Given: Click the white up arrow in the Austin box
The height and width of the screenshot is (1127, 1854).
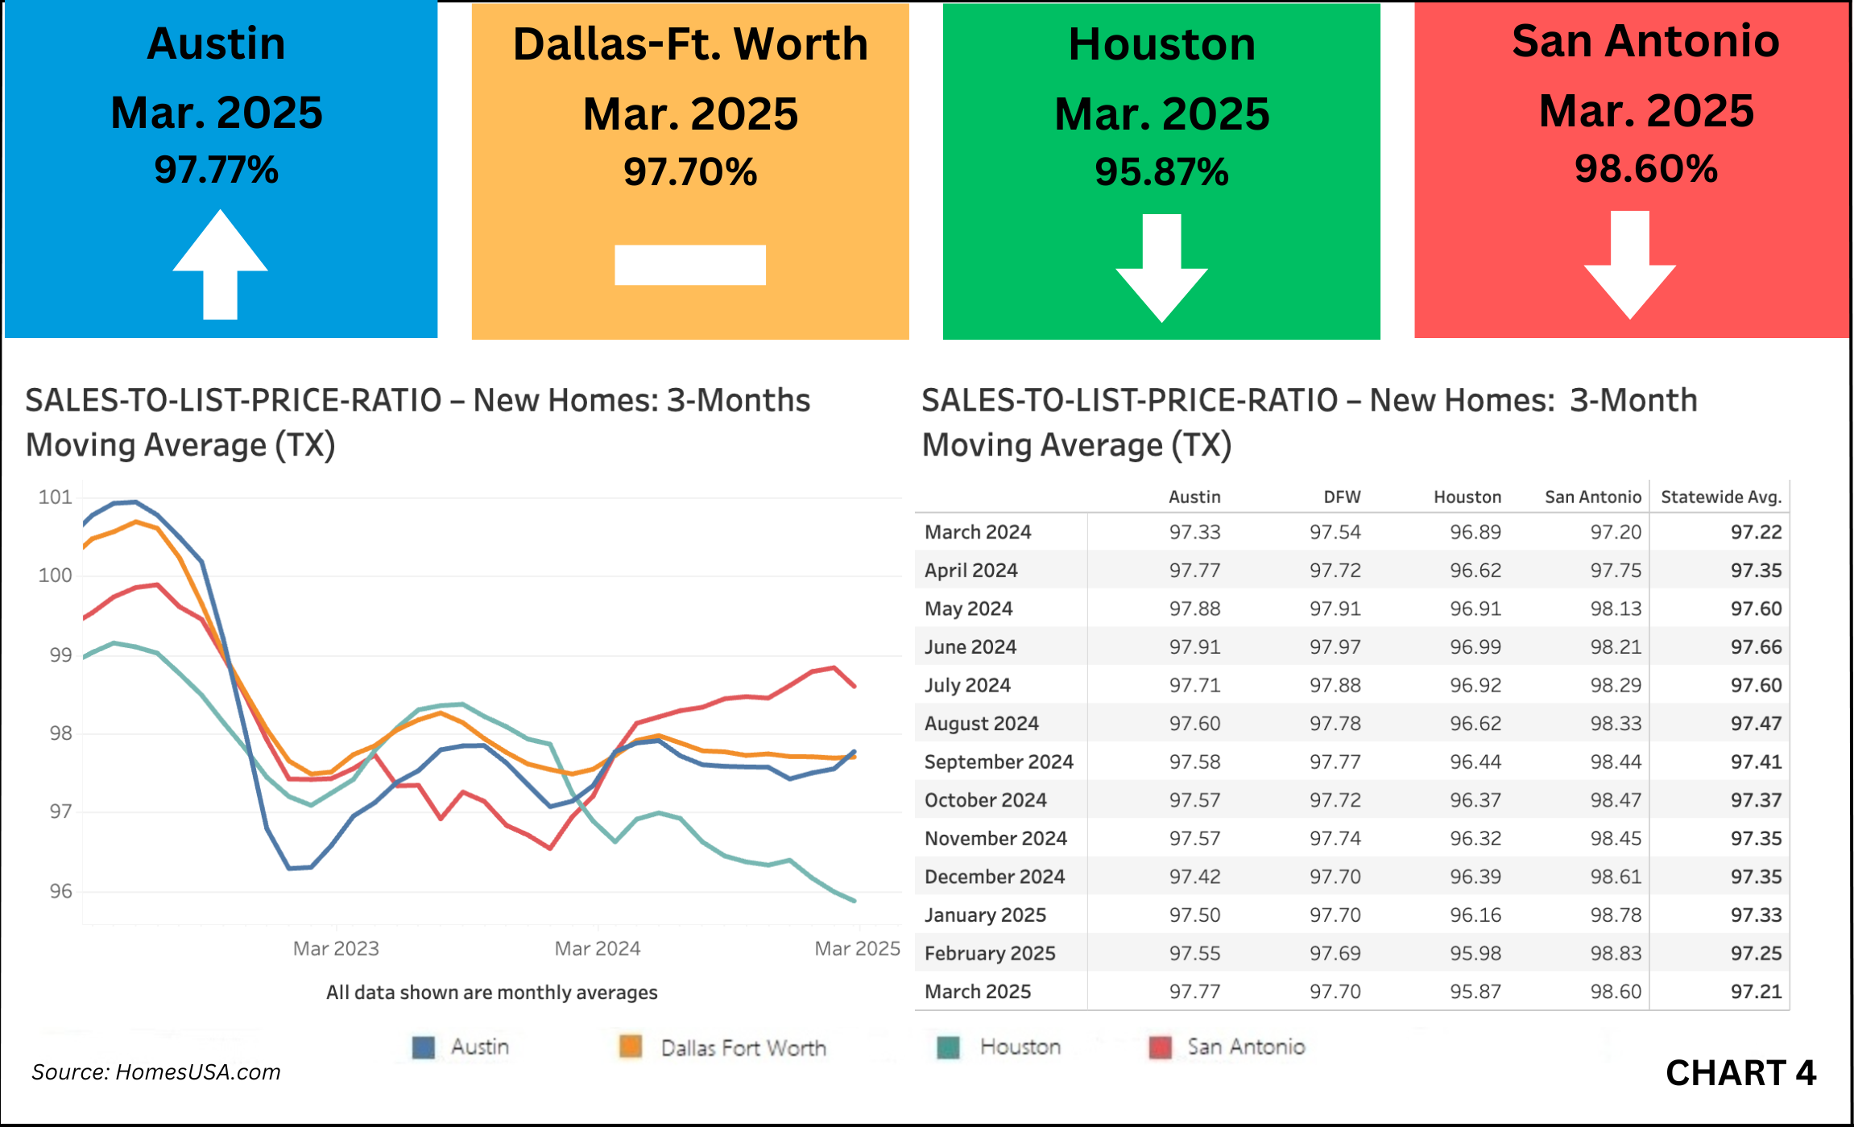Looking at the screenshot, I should coord(220,266).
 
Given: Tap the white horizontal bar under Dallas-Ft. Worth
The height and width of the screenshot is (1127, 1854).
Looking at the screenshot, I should coord(690,265).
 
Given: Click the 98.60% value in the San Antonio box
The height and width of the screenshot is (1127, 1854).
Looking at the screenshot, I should coord(1646,169).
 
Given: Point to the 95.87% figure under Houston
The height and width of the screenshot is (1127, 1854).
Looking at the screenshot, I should coord(1161,171).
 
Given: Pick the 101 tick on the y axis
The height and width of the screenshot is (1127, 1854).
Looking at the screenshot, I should coord(56,497).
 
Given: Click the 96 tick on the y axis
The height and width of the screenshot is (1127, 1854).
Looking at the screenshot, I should coord(60,891).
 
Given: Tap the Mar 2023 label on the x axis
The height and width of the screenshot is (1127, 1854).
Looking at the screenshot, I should coord(336,948).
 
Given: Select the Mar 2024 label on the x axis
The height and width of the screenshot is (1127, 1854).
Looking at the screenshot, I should coord(598,948).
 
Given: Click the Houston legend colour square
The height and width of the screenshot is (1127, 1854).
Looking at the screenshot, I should coord(949,1047).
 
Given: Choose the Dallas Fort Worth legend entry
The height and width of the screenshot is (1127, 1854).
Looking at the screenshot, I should coord(743,1047).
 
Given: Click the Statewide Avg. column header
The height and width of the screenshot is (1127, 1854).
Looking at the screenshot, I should coord(1721,497).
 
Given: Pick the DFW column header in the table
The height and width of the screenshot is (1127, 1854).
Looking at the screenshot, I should coord(1342,497).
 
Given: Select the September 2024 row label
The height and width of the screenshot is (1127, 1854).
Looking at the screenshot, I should coord(999,762).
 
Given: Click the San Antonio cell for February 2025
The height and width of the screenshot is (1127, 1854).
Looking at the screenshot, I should coord(1616,953).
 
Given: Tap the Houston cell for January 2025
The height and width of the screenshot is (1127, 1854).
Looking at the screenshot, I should coord(1475,914).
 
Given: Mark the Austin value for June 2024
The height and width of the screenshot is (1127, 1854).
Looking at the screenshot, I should coord(1195,646).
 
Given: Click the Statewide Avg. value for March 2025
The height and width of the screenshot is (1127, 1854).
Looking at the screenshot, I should coord(1757,991).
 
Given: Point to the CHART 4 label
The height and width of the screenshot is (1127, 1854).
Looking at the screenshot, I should coord(1740,1073).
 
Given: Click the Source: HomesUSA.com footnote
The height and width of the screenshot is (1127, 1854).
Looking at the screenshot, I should coord(156,1072).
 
